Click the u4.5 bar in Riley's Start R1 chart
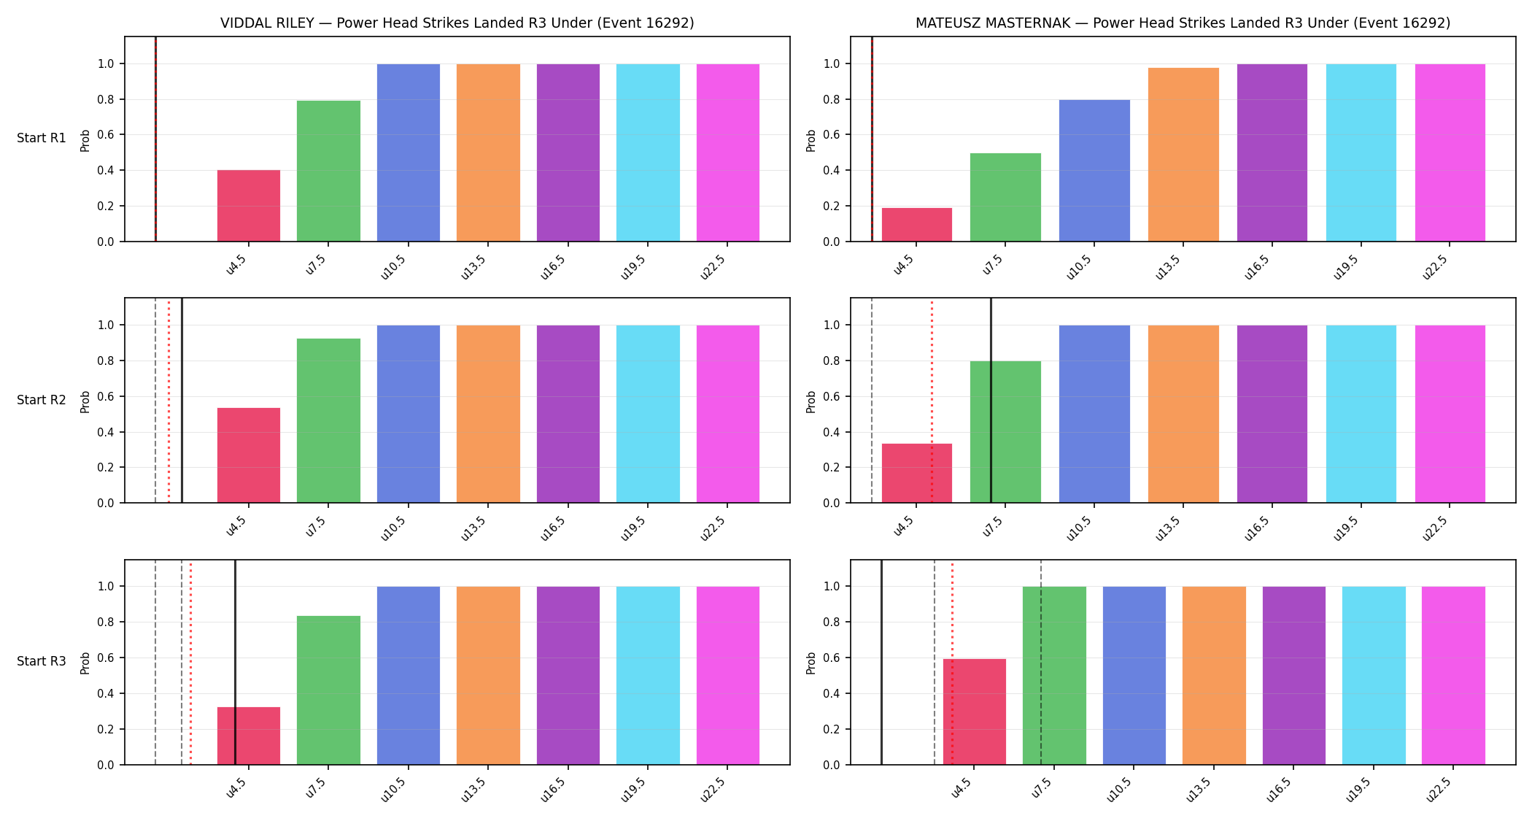(x=249, y=206)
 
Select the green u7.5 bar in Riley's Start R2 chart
(x=328, y=420)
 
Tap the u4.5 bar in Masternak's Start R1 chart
(x=917, y=225)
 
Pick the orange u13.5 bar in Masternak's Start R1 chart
(x=1183, y=155)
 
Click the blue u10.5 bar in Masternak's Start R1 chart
(x=1094, y=171)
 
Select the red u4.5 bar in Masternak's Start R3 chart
(x=975, y=712)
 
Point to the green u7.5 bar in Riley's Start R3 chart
(x=328, y=690)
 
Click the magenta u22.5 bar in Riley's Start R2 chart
(x=728, y=414)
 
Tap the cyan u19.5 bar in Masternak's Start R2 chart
(x=1361, y=414)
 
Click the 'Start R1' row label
(x=42, y=138)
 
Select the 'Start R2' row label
(x=42, y=400)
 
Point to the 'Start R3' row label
(x=42, y=661)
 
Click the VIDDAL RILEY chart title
(x=457, y=23)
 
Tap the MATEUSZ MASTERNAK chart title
(x=1183, y=23)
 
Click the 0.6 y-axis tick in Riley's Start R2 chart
(x=106, y=396)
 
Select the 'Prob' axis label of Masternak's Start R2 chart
(x=811, y=401)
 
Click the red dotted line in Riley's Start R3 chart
(x=190, y=663)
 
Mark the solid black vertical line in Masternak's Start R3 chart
(x=881, y=663)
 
